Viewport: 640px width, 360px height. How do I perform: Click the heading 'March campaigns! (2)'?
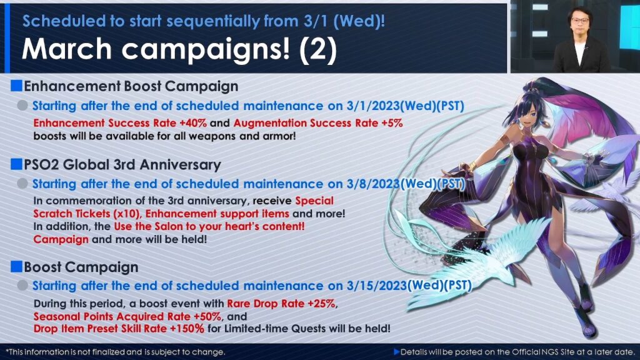[x=179, y=49]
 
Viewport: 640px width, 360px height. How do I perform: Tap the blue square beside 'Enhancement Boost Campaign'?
[x=16, y=86]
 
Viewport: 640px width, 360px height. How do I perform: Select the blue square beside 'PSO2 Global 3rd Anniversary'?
[x=16, y=164]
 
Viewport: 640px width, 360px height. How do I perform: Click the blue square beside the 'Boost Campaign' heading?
[x=16, y=266]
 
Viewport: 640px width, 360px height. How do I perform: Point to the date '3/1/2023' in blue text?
[x=372, y=106]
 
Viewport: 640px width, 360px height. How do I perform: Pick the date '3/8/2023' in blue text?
[x=372, y=184]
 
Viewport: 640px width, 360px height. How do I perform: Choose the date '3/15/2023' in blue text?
[x=377, y=286]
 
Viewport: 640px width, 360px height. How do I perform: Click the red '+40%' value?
[x=193, y=123]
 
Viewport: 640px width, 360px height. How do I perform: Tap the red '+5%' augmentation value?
[x=392, y=123]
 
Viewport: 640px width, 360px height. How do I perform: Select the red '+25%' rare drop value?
[x=322, y=304]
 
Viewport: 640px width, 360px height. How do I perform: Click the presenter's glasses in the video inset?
[x=579, y=20]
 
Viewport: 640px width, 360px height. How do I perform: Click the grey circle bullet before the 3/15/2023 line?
[x=22, y=285]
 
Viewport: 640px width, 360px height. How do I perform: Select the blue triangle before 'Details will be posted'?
[x=396, y=351]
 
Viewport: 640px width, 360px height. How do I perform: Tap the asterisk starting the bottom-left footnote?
[x=7, y=351]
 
